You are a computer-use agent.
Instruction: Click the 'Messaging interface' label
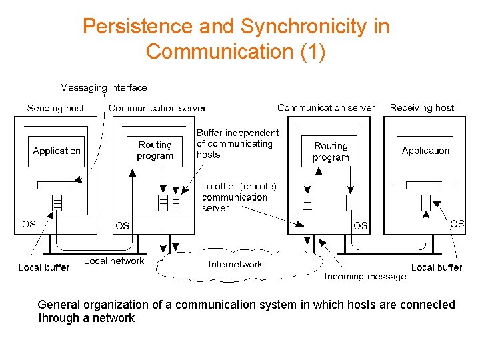click(103, 87)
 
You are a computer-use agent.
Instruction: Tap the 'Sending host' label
click(55, 108)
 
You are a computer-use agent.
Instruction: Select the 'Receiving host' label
click(421, 107)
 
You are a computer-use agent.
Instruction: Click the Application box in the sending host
click(57, 151)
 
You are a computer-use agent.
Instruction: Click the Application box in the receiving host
click(425, 151)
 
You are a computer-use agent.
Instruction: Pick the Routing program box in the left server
click(155, 150)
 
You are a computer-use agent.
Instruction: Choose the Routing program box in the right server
click(331, 151)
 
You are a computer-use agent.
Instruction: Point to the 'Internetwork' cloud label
click(235, 264)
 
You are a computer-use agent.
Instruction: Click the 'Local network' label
click(114, 261)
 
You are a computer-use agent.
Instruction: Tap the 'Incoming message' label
click(365, 276)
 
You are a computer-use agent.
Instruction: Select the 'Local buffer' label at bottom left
click(44, 267)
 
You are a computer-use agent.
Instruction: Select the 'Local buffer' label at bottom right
click(437, 267)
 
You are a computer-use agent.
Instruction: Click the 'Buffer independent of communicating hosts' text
click(237, 143)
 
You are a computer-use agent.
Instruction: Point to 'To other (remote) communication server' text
click(239, 197)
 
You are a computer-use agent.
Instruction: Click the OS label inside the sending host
click(29, 224)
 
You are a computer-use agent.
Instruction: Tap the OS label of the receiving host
click(457, 223)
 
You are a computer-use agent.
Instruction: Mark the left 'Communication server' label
click(157, 108)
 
